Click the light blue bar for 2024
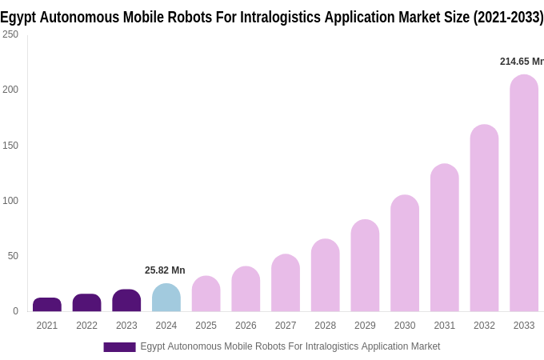pyautogui.click(x=166, y=298)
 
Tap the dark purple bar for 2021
pyautogui.click(x=47, y=305)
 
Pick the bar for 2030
pyautogui.click(x=405, y=254)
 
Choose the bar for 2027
pyautogui.click(x=286, y=283)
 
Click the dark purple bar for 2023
pyautogui.click(x=126, y=301)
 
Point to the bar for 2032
pyautogui.click(x=484, y=218)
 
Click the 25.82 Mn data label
pyautogui.click(x=165, y=270)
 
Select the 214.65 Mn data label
pyautogui.click(x=521, y=62)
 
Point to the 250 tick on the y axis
pyautogui.click(x=10, y=34)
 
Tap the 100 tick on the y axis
pyautogui.click(x=10, y=201)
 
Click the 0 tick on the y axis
pyautogui.click(x=15, y=311)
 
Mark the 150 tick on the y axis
pyautogui.click(x=10, y=146)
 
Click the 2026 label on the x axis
pyautogui.click(x=246, y=326)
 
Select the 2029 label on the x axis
pyautogui.click(x=365, y=326)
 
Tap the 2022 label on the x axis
pyautogui.click(x=86, y=326)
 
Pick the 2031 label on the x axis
pyautogui.click(x=444, y=326)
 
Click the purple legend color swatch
pyautogui.click(x=119, y=347)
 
